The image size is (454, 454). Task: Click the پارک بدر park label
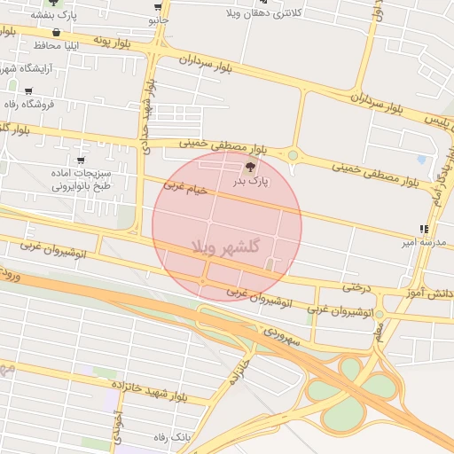(x=250, y=181)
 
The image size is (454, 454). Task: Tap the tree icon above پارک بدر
(x=250, y=166)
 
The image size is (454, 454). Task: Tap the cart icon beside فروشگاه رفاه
(x=28, y=90)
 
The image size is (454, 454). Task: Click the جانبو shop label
(x=157, y=19)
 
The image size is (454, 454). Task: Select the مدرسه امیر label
(x=417, y=241)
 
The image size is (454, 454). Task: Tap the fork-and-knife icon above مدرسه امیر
(x=423, y=229)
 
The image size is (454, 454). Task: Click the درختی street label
(x=356, y=286)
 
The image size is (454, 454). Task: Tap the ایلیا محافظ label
(x=61, y=44)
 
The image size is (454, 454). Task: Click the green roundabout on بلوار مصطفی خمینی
(x=293, y=157)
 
